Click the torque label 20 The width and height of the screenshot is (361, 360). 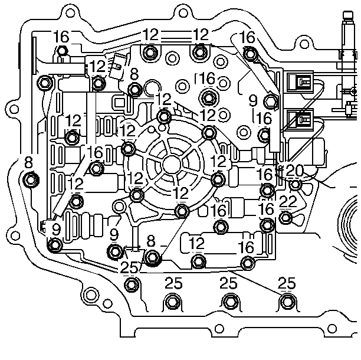tap(294, 171)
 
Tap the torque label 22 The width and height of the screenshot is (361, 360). tap(287, 202)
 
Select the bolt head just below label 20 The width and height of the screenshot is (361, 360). tap(295, 185)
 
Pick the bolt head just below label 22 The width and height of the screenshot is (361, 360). tap(287, 218)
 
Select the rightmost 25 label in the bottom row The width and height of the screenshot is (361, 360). tap(287, 283)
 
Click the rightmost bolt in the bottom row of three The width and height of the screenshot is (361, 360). tap(287, 302)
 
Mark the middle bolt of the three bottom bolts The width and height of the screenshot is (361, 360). tap(229, 302)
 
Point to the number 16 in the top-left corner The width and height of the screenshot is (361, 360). tap(61, 37)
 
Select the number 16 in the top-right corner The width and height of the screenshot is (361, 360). tap(248, 37)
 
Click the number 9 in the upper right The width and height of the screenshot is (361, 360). tap(253, 100)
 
